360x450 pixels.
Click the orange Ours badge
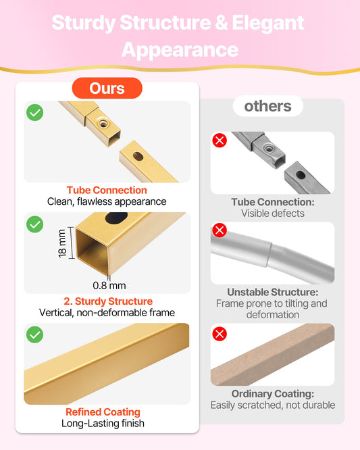[107, 88]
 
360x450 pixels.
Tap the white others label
[267, 106]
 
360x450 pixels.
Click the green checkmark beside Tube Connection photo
[35, 112]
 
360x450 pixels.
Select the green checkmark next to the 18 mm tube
[35, 224]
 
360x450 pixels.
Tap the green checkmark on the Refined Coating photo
[35, 334]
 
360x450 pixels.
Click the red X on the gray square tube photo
[220, 141]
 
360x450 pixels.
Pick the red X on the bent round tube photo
[220, 230]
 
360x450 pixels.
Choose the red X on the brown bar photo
[220, 334]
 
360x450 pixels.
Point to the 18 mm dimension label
[62, 243]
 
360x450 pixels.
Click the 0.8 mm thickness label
[109, 286]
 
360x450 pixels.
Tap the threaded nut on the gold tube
[103, 124]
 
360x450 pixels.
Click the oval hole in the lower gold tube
[138, 156]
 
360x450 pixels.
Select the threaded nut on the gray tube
[269, 149]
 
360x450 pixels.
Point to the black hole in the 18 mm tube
[116, 218]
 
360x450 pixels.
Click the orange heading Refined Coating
[103, 412]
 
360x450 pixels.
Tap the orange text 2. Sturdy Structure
[108, 301]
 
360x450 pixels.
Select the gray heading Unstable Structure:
[273, 292]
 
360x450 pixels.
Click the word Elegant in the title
[268, 24]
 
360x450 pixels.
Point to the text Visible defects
[273, 214]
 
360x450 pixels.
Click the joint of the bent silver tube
[271, 255]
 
